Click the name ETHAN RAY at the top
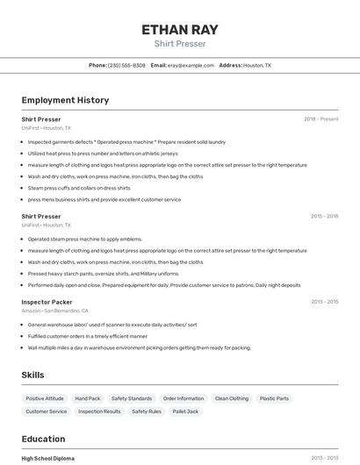179,29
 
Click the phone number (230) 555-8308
126,65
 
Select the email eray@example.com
191,65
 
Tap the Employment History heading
65,100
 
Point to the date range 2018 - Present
320,119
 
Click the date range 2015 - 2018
324,216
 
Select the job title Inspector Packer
47,302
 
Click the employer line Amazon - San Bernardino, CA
54,311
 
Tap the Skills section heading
33,375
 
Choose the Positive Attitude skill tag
45,398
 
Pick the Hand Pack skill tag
88,398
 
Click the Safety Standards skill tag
132,398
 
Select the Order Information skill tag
184,398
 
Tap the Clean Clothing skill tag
233,398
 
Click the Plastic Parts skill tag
274,398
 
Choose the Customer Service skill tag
47,411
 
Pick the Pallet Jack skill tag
185,411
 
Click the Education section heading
43,439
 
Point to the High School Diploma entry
47,458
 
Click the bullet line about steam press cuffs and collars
79,188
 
